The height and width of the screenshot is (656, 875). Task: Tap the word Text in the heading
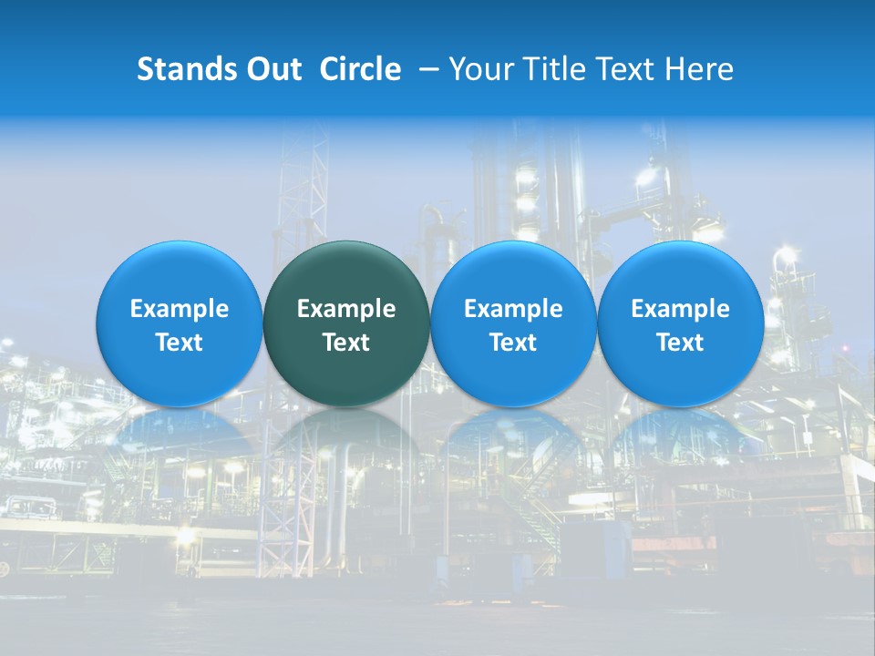click(629, 69)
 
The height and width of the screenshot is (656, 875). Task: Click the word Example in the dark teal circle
click(346, 309)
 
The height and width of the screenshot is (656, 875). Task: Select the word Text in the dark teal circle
click(346, 343)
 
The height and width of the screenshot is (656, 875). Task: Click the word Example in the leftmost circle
click(180, 309)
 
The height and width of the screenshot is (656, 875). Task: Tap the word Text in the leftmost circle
click(180, 343)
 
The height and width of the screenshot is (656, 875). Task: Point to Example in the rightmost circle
click(680, 309)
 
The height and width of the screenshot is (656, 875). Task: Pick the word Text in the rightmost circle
click(680, 343)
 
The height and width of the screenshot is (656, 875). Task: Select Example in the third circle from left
click(513, 309)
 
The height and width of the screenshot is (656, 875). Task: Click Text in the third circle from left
click(513, 343)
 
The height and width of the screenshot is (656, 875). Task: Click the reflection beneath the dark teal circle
click(346, 437)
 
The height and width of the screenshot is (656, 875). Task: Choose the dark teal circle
click(346, 273)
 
